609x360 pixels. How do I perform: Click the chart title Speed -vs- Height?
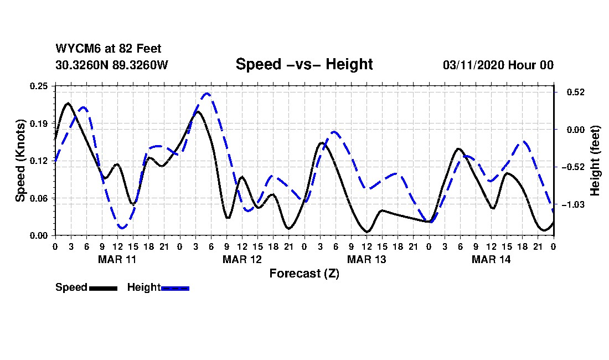pyautogui.click(x=304, y=64)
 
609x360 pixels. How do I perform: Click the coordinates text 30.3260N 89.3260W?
pyautogui.click(x=112, y=65)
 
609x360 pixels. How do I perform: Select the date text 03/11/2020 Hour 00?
pyautogui.click(x=498, y=65)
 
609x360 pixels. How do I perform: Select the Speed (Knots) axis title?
pyautogui.click(x=20, y=161)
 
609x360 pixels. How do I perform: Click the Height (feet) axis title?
pyautogui.click(x=596, y=161)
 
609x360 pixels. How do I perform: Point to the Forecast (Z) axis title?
pyautogui.click(x=304, y=274)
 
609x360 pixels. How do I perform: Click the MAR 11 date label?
pyautogui.click(x=117, y=259)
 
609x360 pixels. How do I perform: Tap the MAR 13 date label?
pyautogui.click(x=367, y=259)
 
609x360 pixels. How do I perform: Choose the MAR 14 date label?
pyautogui.click(x=491, y=259)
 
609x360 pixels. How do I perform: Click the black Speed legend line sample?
pyautogui.click(x=103, y=288)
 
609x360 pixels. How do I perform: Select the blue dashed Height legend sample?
pyautogui.click(x=175, y=288)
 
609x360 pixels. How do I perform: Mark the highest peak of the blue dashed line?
pyautogui.click(x=207, y=94)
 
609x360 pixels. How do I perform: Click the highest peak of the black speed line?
pyautogui.click(x=68, y=104)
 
